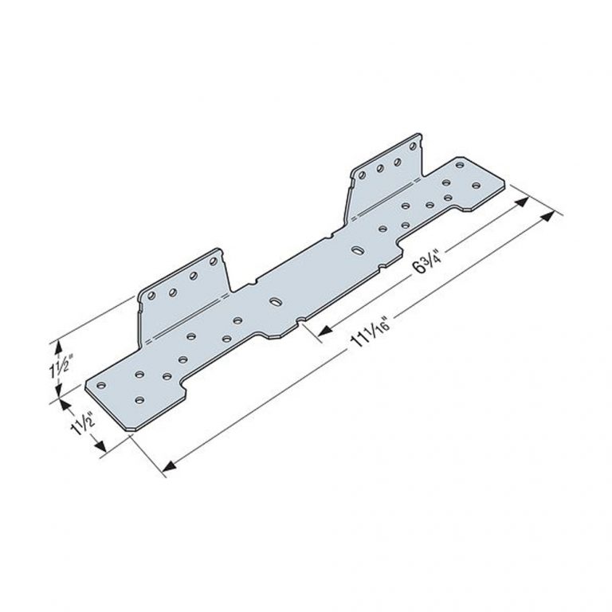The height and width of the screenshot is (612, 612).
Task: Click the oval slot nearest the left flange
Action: [275, 303]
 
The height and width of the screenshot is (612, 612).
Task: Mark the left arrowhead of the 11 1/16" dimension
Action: [168, 469]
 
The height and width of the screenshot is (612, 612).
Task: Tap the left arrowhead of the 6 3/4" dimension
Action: [324, 330]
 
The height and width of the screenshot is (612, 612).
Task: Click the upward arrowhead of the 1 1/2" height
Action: [57, 344]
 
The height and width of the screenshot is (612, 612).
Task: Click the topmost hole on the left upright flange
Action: [213, 260]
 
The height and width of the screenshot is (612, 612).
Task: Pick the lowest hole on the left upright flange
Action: [152, 297]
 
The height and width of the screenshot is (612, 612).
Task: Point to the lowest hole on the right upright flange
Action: [362, 175]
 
